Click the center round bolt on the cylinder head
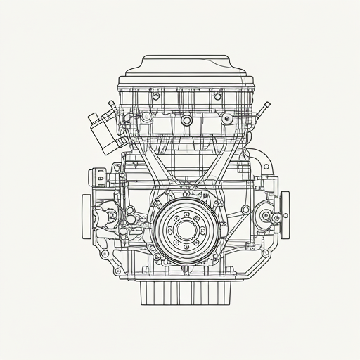(x=186, y=120)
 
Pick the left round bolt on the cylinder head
(x=148, y=120)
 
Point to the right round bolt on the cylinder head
(x=226, y=120)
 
